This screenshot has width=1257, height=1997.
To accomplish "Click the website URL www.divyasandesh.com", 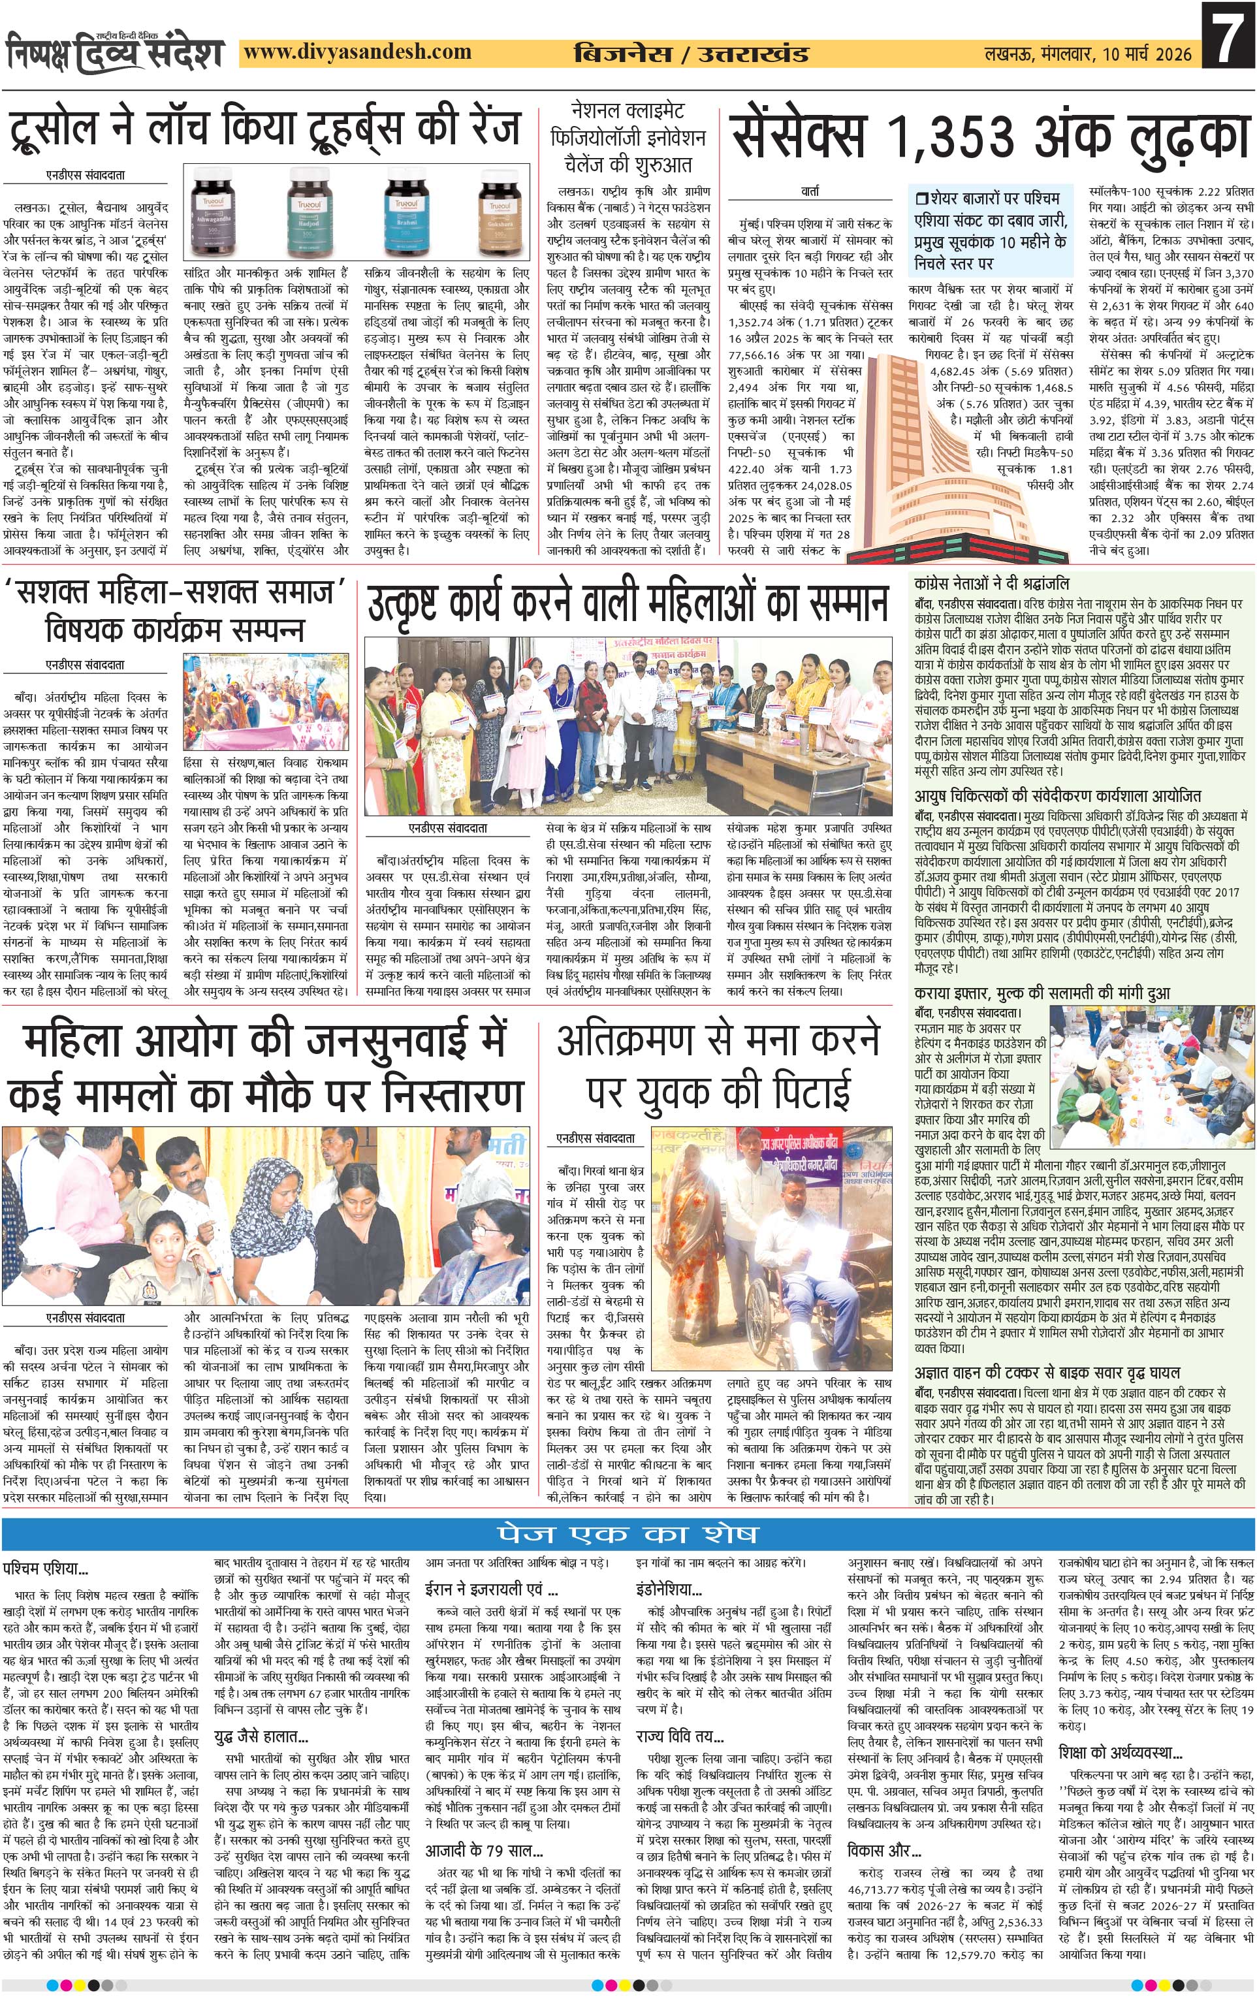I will pyautogui.click(x=358, y=52).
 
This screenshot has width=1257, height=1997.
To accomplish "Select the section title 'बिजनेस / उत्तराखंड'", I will pyautogui.click(x=691, y=54).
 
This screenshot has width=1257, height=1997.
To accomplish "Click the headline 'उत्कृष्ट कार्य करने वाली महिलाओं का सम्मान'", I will pyautogui.click(x=628, y=605).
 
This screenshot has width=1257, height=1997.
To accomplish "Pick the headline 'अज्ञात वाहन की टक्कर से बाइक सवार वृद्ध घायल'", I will pyautogui.click(x=1047, y=1373).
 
